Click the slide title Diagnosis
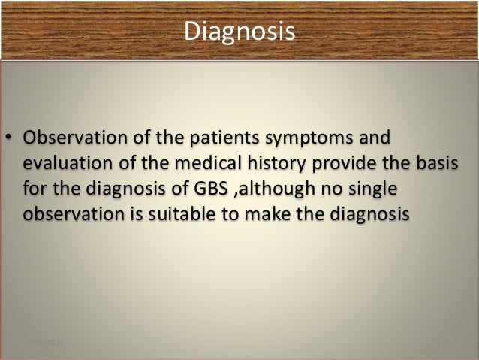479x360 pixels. click(x=239, y=32)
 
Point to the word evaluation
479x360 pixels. click(x=62, y=165)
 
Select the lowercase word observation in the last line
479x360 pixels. click(x=69, y=213)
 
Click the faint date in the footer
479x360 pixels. click(x=46, y=343)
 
